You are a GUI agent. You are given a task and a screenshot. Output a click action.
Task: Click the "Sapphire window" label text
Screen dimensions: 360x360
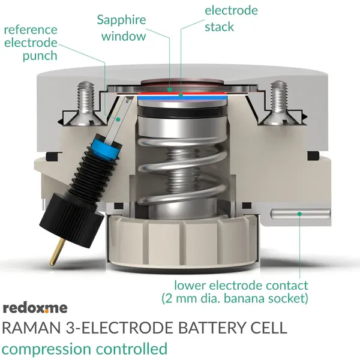[121, 28]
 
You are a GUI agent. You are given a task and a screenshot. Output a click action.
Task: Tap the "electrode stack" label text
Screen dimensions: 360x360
[231, 19]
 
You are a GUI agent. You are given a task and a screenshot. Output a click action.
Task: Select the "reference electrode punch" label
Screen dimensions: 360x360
[31, 43]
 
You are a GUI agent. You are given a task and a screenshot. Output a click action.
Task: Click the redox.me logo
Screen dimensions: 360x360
[35, 308]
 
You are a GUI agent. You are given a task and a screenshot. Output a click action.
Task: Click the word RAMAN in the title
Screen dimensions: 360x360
[32, 328]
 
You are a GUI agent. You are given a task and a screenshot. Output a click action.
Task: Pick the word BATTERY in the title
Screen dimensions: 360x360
[212, 328]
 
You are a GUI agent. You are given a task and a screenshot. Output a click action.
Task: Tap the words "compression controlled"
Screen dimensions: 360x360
[85, 349]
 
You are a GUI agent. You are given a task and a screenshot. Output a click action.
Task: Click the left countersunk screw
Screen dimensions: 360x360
[86, 103]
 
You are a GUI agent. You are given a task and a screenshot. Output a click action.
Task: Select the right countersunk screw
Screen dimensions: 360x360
[278, 103]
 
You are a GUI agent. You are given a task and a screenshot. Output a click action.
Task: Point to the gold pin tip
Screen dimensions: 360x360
[52, 263]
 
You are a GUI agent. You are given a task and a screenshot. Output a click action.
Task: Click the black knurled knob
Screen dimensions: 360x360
[71, 221]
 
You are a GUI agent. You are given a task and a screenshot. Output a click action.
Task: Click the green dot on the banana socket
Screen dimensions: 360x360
[299, 214]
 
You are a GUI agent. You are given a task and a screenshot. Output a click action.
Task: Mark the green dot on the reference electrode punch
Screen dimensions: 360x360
[118, 119]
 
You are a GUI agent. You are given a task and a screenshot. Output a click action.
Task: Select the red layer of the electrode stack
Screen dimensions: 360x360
[182, 94]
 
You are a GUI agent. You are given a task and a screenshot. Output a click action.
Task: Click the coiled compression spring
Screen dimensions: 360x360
[183, 169]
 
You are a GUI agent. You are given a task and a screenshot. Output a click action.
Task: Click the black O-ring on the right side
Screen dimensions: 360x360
[313, 155]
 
